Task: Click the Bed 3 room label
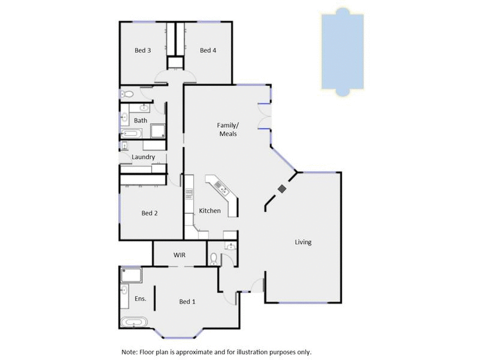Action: [x=142, y=50]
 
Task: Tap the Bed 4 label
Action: [x=208, y=50]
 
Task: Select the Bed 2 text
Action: [x=149, y=213]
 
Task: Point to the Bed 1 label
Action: [x=187, y=301]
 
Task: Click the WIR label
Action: [x=179, y=255]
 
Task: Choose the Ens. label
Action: [x=140, y=298]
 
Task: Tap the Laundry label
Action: [x=143, y=157]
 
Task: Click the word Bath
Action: [x=140, y=121]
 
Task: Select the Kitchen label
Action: [x=210, y=211]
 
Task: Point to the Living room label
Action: [x=303, y=242]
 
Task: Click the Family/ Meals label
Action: [x=227, y=129]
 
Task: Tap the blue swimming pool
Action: [x=342, y=52]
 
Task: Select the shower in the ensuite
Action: [x=131, y=275]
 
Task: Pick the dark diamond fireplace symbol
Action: [x=282, y=188]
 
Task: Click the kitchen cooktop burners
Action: [x=188, y=193]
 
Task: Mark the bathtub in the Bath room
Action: [x=131, y=133]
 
